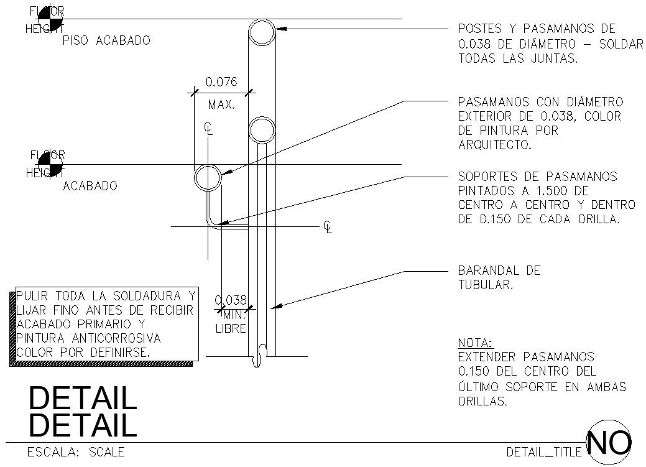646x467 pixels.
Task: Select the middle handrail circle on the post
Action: pos(262,130)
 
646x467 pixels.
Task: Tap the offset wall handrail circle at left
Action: pos(208,178)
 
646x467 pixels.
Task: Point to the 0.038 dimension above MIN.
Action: pos(231,299)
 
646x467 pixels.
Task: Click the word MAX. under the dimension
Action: pos(221,104)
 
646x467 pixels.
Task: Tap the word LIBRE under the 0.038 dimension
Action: pos(231,328)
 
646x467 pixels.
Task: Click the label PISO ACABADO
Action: pos(106,40)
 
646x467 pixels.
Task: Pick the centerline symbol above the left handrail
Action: pos(209,129)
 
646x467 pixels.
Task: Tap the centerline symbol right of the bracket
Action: pos(328,228)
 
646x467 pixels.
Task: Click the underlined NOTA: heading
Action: pos(474,343)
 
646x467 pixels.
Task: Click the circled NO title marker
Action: pos(609,442)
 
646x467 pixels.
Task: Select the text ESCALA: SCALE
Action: pos(76,452)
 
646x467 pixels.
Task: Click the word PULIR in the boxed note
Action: pos(34,295)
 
